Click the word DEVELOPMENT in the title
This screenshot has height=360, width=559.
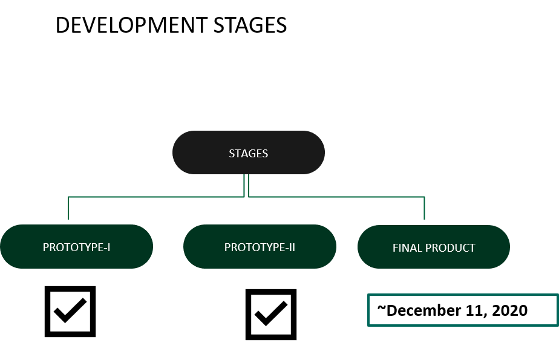coord(131,25)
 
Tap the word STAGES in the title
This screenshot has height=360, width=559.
coord(250,25)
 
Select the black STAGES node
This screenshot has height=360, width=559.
coord(249,152)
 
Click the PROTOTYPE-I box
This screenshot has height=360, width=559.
coord(77,247)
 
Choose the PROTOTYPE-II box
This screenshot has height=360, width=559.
coord(260,247)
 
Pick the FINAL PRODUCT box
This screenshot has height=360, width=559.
coord(434,247)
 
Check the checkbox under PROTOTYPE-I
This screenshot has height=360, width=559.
coord(70,312)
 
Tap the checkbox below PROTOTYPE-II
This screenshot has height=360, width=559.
coord(271,315)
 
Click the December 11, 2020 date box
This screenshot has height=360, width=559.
coord(463,310)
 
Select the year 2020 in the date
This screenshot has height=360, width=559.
coord(509,310)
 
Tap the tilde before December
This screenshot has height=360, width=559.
coord(382,308)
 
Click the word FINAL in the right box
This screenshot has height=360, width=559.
coord(407,247)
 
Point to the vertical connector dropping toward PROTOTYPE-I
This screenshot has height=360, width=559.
coord(68,208)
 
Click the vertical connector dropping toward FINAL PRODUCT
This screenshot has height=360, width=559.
coord(424,208)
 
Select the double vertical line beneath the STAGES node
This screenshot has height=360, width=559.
coord(246,185)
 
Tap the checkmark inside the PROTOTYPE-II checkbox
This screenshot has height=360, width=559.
coord(271,313)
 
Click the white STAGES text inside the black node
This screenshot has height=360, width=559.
coord(249,153)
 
